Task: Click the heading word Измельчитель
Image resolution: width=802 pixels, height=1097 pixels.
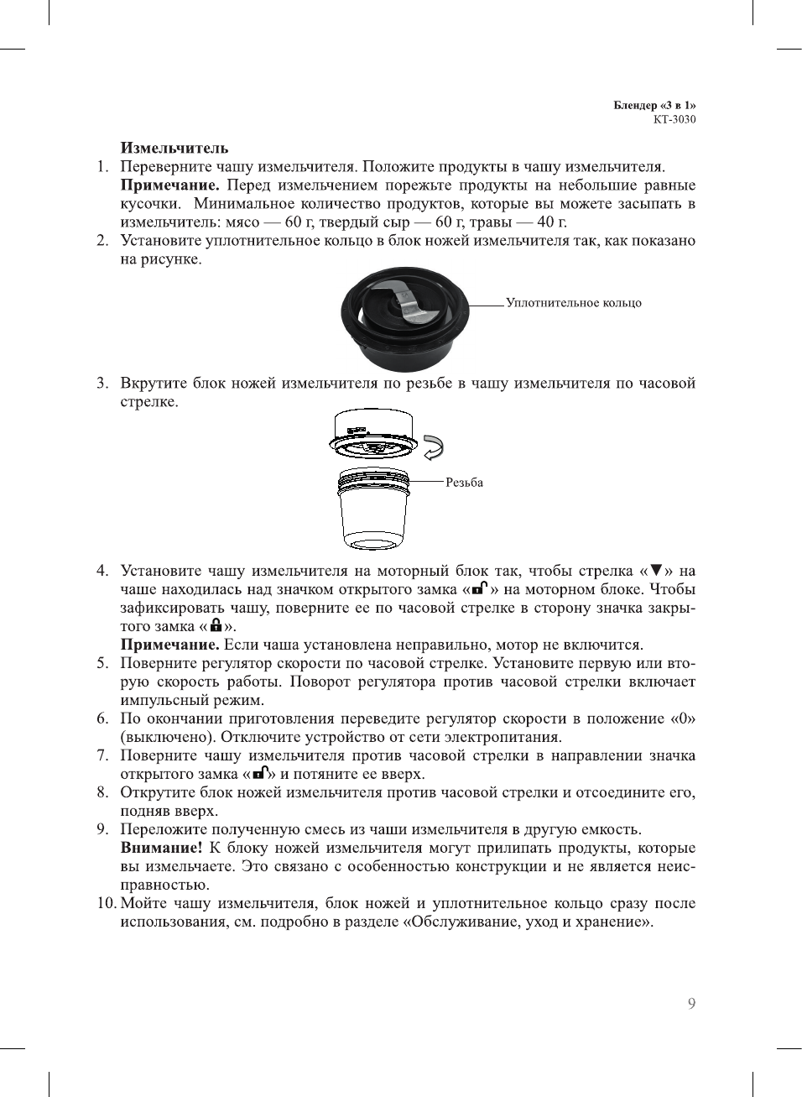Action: [x=174, y=148]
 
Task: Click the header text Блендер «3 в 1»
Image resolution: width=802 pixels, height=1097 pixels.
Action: [x=654, y=105]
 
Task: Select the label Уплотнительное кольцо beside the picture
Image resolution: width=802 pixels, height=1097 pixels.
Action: [x=573, y=303]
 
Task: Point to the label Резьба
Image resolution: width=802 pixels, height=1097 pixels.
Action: [x=464, y=483]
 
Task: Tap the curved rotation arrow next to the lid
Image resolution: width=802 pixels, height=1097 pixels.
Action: [x=433, y=447]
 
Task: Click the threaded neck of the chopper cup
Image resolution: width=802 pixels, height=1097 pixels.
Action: [x=372, y=483]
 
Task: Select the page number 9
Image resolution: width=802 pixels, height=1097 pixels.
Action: [x=690, y=1004]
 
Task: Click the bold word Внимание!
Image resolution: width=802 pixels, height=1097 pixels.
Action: [x=161, y=848]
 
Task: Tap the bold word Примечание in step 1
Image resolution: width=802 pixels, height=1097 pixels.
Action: [x=169, y=185]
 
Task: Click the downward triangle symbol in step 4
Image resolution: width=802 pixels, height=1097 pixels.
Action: [x=656, y=571]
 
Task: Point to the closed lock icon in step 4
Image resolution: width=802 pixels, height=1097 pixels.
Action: [x=216, y=625]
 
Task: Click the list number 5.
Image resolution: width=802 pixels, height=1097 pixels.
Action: [x=102, y=663]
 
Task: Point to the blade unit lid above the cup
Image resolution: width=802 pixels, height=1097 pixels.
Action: [x=372, y=434]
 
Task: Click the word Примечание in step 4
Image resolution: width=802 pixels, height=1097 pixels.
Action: [x=169, y=645]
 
